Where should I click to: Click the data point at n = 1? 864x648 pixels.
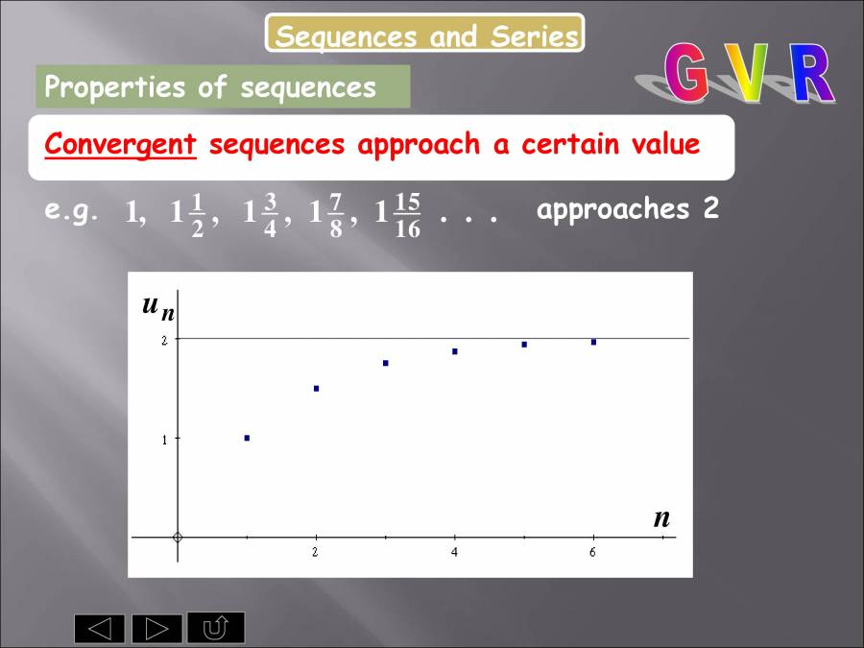pos(247,438)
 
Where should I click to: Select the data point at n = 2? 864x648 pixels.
pos(316,389)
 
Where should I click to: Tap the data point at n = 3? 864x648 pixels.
pos(385,363)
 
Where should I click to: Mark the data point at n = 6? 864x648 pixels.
pos(593,342)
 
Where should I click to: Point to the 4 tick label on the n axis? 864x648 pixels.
pos(454,552)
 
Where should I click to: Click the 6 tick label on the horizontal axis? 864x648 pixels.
pos(592,552)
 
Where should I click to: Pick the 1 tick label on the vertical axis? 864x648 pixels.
pos(164,440)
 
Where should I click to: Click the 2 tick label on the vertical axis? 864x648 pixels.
pos(164,340)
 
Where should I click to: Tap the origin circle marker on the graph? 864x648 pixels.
pos(178,537)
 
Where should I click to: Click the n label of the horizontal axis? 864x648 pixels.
pos(661,518)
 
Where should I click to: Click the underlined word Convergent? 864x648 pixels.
pos(120,145)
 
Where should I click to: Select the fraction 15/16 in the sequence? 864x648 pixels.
pos(407,215)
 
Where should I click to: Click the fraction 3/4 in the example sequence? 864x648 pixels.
pos(270,215)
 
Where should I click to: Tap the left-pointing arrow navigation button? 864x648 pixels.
pos(100,629)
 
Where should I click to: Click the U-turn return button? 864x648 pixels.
pos(216,628)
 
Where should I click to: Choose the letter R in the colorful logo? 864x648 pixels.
pos(811,75)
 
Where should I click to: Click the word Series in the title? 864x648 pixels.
pos(535,36)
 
